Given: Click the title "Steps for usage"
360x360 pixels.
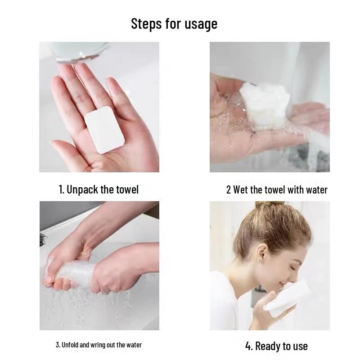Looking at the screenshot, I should pos(174,23).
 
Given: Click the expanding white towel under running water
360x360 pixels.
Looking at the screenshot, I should pos(265,106).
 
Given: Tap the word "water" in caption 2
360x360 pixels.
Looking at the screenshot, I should pos(317,190).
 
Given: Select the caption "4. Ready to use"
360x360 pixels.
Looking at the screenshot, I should pos(276,346).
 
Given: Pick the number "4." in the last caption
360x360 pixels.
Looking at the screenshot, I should pos(249,346).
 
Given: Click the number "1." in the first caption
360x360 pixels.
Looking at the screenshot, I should pos(62,189).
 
